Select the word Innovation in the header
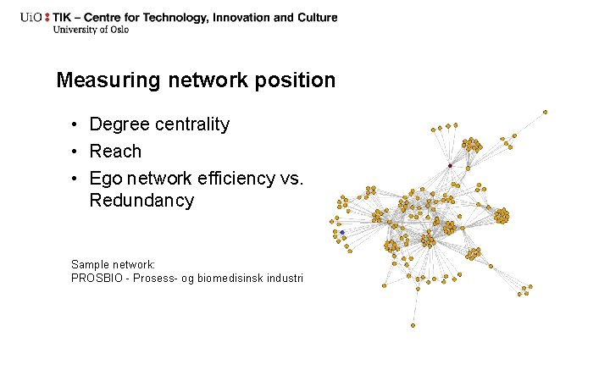click(241, 17)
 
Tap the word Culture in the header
click(314, 17)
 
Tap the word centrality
click(189, 124)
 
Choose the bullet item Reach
click(115, 152)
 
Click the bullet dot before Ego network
click(75, 179)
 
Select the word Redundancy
click(141, 201)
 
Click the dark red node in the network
click(449, 166)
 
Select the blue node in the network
click(341, 232)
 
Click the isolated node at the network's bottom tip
click(413, 325)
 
